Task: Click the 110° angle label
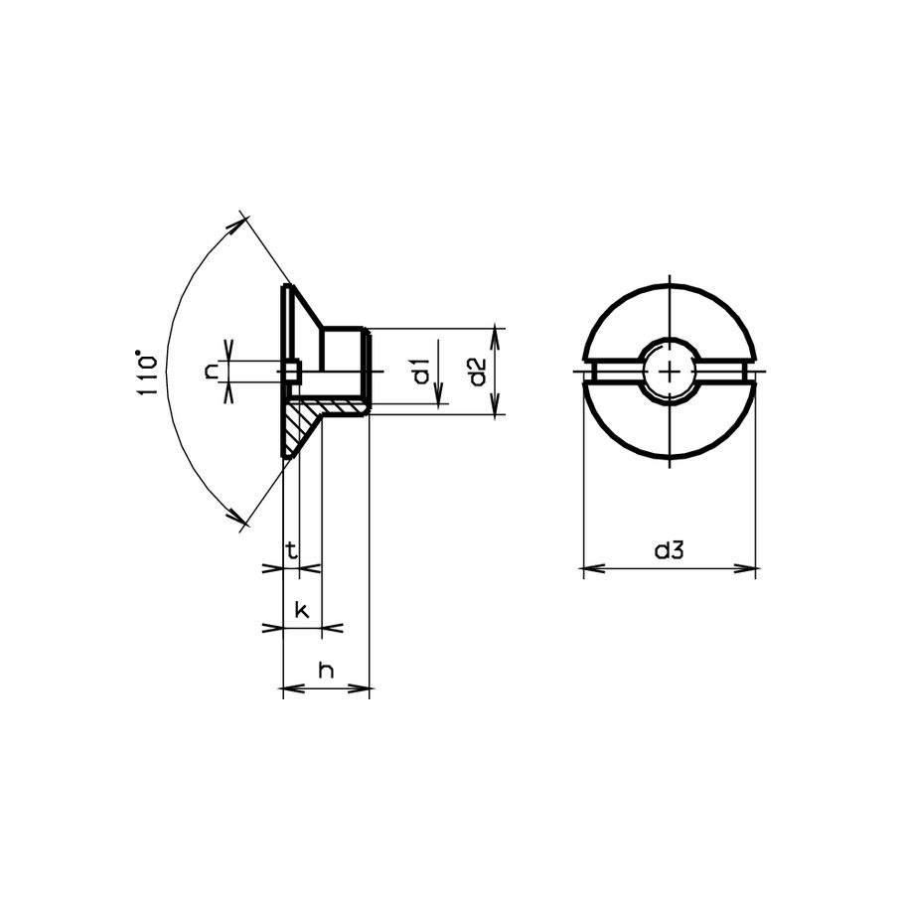click(147, 374)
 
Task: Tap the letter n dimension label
click(212, 371)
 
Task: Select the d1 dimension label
click(422, 371)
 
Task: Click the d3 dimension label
click(670, 550)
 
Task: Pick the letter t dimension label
click(292, 550)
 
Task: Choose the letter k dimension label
click(302, 610)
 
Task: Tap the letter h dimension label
click(327, 671)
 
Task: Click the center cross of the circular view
click(670, 372)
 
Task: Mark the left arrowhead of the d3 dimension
click(592, 568)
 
